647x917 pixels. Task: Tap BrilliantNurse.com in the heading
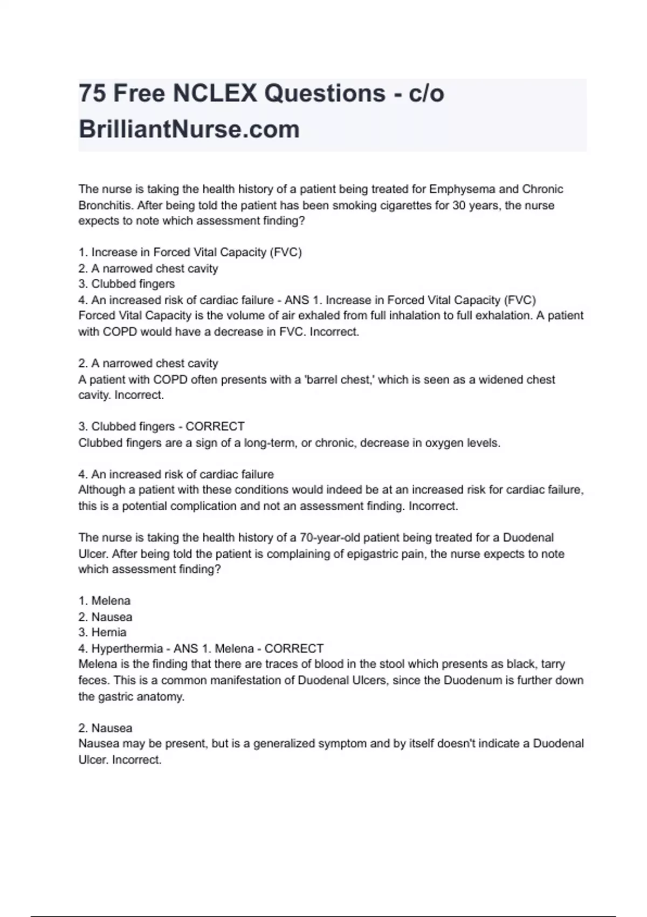(189, 129)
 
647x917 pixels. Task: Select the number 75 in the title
(92, 93)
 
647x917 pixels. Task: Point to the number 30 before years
(459, 206)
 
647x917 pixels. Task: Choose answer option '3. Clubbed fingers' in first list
(127, 284)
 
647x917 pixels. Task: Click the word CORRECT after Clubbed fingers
(215, 427)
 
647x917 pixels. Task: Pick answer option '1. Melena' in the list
(105, 601)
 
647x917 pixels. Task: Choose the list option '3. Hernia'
(102, 632)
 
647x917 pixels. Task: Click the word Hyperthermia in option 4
(127, 648)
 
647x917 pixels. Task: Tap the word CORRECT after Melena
(294, 648)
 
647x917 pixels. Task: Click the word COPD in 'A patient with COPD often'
(170, 380)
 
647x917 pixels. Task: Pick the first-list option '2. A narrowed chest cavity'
(148, 269)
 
